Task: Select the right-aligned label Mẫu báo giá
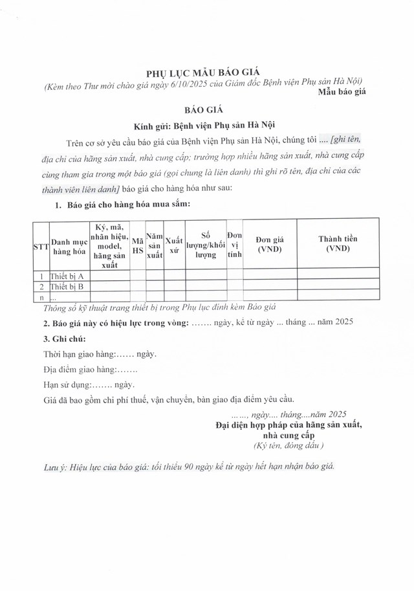[x=342, y=93]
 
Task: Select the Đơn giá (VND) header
[x=270, y=244]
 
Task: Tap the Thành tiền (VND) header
[x=337, y=244]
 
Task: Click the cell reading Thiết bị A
[x=67, y=275]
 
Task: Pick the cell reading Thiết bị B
[x=67, y=285]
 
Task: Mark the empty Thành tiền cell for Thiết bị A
[x=337, y=275]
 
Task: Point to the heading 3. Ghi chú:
[x=64, y=339]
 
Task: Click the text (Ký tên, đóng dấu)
[x=288, y=446]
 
